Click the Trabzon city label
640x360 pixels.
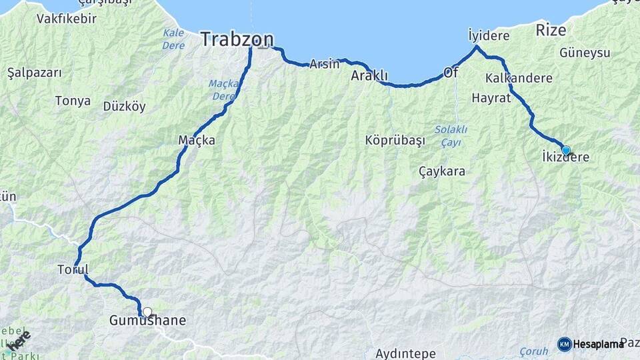[x=237, y=39]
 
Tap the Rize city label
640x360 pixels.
[x=551, y=31]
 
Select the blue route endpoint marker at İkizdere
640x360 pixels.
[x=566, y=150]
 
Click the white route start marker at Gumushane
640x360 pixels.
[x=147, y=311]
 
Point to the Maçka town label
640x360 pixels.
[x=197, y=141]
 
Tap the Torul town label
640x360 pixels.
[x=73, y=269]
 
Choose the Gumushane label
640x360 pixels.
[x=147, y=321]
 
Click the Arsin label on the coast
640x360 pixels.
[x=325, y=65]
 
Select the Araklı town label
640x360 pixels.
[x=369, y=76]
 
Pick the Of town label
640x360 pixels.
[x=451, y=73]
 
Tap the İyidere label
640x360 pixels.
[x=489, y=35]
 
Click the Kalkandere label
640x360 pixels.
[x=519, y=78]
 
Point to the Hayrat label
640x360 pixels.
[x=491, y=98]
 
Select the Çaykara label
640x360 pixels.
[x=442, y=171]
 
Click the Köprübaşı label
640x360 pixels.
[x=395, y=141]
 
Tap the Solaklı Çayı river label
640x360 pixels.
[x=451, y=135]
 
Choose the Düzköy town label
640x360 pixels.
[x=124, y=107]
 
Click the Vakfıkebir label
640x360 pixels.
[x=48, y=19]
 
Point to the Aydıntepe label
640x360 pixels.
[x=405, y=353]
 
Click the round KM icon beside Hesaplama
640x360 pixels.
[x=565, y=344]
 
